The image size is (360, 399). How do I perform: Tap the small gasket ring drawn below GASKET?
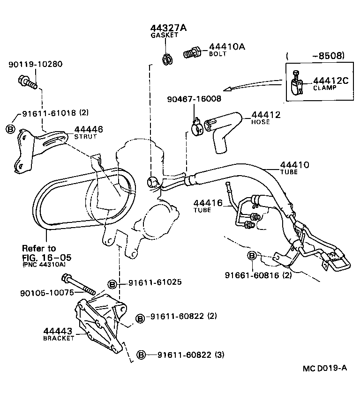[x=166, y=59]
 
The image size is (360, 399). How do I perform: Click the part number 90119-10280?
[x=35, y=64]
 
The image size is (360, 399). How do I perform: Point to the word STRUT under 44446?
[x=85, y=137]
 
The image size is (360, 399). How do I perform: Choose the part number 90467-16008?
[x=194, y=99]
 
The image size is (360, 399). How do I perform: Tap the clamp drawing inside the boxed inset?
[x=297, y=84]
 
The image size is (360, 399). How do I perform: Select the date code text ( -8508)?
[x=315, y=56]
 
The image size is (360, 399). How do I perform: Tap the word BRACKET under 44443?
[x=59, y=338]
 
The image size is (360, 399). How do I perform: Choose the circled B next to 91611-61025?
[x=112, y=283]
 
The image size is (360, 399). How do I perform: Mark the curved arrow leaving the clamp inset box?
[x=253, y=85]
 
